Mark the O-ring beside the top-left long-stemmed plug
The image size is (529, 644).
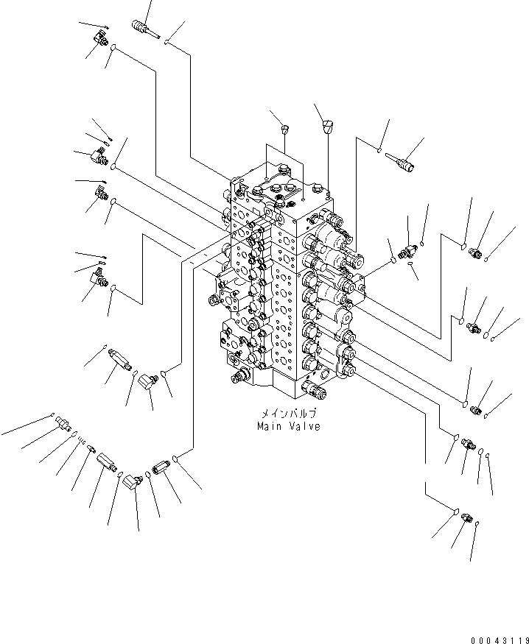click(169, 42)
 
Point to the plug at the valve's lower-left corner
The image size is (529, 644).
click(239, 378)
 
